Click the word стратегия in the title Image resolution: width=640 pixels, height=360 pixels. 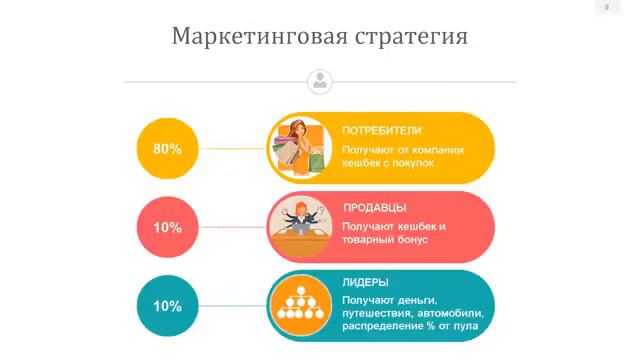[x=411, y=38]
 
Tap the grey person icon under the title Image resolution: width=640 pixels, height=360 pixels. [x=320, y=81]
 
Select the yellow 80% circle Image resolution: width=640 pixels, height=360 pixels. [x=167, y=148]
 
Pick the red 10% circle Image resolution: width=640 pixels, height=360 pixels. [x=167, y=227]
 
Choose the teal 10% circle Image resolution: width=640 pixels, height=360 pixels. [x=167, y=306]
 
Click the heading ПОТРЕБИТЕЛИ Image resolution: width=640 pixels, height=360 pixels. [x=382, y=131]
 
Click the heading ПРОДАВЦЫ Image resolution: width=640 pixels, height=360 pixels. [x=374, y=208]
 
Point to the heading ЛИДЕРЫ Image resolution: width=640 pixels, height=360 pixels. [x=366, y=282]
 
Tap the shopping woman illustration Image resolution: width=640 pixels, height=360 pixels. [x=301, y=147]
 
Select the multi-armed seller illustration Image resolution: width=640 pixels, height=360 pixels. [x=299, y=226]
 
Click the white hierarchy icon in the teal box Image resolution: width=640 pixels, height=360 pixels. [x=299, y=305]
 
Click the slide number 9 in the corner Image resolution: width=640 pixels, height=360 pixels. [x=606, y=8]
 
